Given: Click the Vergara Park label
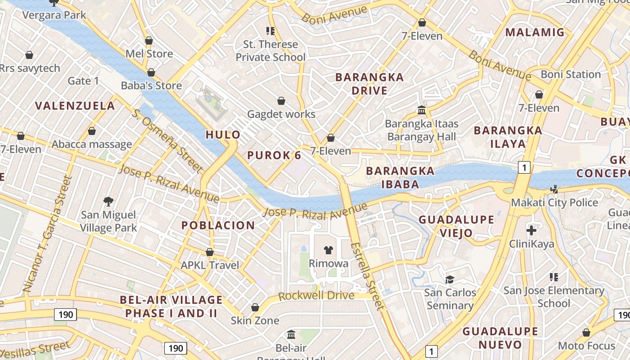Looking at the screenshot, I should point(54,15).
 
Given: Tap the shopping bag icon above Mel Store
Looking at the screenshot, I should point(149,41).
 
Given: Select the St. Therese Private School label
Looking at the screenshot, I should point(270,50).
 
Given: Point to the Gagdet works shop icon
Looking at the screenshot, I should point(281,101).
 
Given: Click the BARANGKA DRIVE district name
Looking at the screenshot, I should point(369,84).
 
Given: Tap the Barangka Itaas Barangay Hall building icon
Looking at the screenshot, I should point(422,110).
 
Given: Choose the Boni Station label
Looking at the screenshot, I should point(571,74).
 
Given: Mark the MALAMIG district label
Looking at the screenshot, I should point(535,32).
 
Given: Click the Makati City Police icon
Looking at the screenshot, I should point(554,189).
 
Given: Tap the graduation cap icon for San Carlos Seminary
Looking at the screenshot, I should point(450,279).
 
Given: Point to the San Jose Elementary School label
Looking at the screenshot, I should point(553,297).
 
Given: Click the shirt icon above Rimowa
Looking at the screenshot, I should point(328,250).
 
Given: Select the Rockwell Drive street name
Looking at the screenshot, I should point(316,296).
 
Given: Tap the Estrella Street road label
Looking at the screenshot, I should point(368,276).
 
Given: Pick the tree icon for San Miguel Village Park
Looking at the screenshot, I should point(108,202).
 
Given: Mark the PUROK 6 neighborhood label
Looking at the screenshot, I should point(274,155).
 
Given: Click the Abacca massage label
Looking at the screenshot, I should point(92,144).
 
